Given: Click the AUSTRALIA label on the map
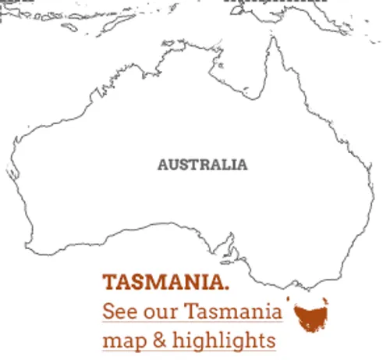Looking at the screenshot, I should click(x=202, y=165).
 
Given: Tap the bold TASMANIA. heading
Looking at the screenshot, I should click(x=165, y=281).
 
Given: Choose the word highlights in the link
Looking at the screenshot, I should click(x=225, y=341).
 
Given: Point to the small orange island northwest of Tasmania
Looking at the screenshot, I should click(x=289, y=298).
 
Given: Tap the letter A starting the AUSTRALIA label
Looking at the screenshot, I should click(x=162, y=165).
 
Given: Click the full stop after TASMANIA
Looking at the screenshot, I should click(x=227, y=286).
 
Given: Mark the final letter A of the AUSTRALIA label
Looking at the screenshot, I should click(x=243, y=165).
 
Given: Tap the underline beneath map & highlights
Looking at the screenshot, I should click(x=189, y=351).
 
